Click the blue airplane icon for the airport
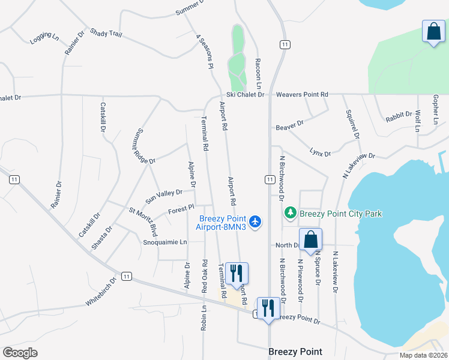256,221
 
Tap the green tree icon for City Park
291,213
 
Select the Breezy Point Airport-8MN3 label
224,221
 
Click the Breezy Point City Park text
340,214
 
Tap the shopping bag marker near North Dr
311,240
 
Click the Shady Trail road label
106,34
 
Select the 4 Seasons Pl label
205,52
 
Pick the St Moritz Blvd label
143,221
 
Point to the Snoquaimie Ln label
165,242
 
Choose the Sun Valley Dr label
164,196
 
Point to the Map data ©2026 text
423,355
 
